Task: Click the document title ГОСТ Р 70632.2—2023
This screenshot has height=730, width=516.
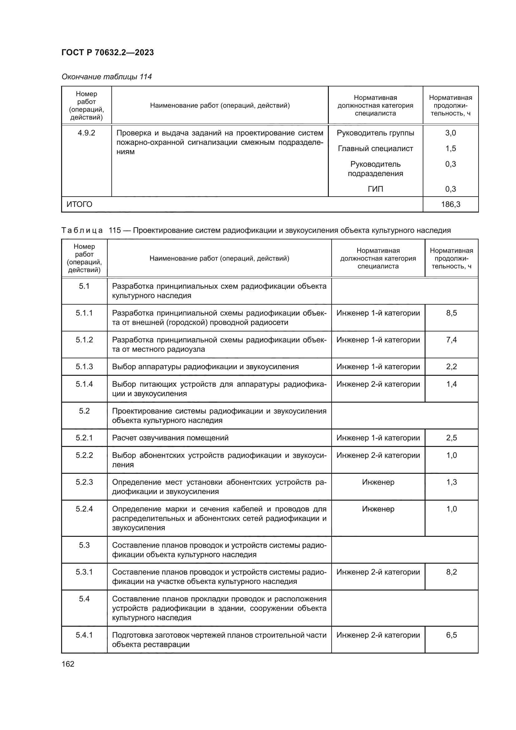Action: [107, 52]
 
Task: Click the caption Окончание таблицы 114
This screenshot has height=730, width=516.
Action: [106, 77]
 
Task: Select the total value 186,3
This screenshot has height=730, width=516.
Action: [450, 204]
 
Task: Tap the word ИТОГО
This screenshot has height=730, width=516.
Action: [80, 204]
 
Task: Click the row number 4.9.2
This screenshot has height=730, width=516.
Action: [86, 133]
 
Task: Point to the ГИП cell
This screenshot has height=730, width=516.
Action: [375, 189]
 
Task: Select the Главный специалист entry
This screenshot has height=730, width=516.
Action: [375, 149]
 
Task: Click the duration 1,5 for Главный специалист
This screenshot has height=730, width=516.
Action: [450, 149]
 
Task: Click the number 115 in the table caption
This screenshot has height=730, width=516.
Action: [115, 230]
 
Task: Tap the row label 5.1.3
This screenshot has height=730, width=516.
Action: [84, 367]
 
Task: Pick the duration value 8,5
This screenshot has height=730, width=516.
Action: [451, 313]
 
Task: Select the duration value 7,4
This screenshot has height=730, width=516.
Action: [451, 340]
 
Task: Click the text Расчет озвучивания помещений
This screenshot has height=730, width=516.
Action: [170, 438]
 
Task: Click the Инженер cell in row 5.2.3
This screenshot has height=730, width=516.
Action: [378, 482]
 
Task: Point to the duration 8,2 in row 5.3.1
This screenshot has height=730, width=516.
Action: [451, 572]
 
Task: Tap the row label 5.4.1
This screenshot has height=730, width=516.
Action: [84, 635]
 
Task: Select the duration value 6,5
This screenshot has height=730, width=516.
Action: [451, 635]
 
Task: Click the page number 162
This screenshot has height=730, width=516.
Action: [68, 664]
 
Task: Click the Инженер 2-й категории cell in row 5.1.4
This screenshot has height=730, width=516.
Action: [378, 384]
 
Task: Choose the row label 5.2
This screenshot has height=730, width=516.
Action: [84, 411]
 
